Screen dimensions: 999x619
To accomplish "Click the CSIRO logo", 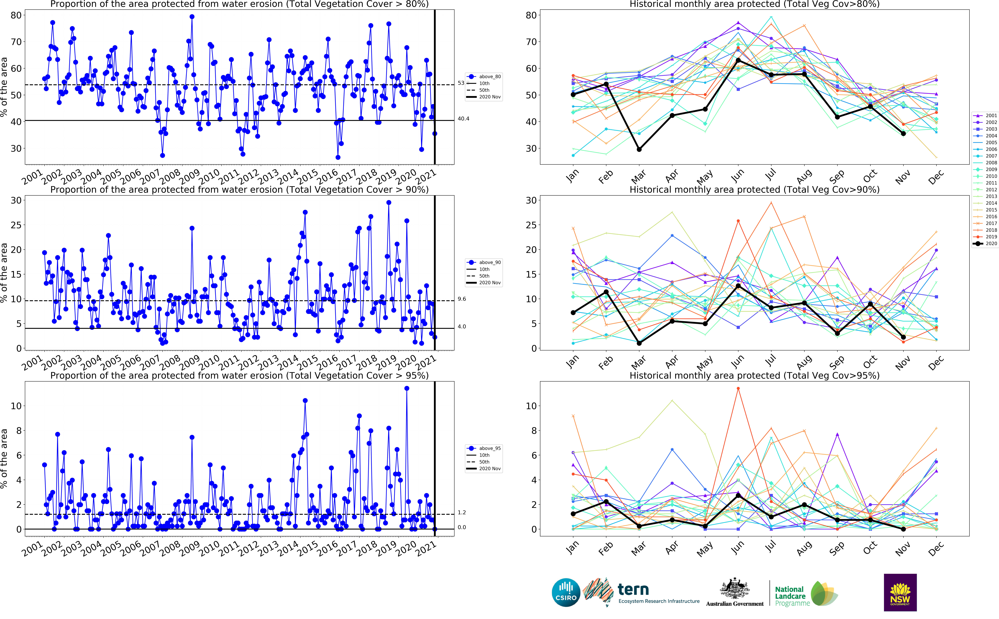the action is pyautogui.click(x=566, y=592).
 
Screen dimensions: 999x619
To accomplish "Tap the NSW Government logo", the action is pyautogui.click(x=900, y=592).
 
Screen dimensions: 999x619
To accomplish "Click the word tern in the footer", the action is pyautogui.click(x=633, y=590).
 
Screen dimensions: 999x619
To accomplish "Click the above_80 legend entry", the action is pyautogui.click(x=484, y=77).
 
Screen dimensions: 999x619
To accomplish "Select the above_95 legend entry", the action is pyautogui.click(x=484, y=448).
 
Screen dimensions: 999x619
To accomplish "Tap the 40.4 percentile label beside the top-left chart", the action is pyautogui.click(x=463, y=119).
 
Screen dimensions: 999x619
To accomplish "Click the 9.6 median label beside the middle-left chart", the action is pyautogui.click(x=462, y=299).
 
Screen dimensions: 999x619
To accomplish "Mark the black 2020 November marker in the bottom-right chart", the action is pyautogui.click(x=903, y=529).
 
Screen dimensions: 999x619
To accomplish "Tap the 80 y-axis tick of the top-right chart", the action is pyautogui.click(x=531, y=15).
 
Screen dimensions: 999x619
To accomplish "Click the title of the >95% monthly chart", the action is pyautogui.click(x=755, y=375).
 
